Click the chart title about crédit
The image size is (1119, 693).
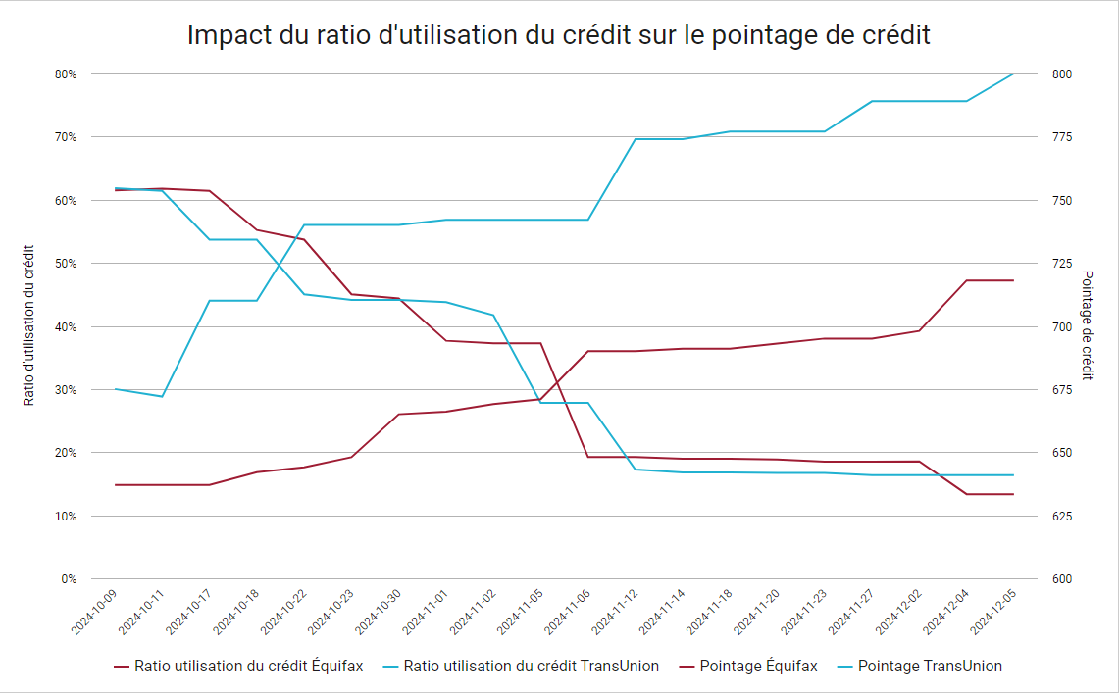[558, 35]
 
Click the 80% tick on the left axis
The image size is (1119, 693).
[65, 74]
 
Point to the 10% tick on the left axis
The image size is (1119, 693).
[65, 517]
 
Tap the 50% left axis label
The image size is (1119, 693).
[65, 264]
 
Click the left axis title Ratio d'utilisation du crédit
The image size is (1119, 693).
[28, 325]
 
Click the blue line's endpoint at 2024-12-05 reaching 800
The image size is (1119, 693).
[1013, 74]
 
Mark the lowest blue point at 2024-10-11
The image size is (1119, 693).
[162, 396]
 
